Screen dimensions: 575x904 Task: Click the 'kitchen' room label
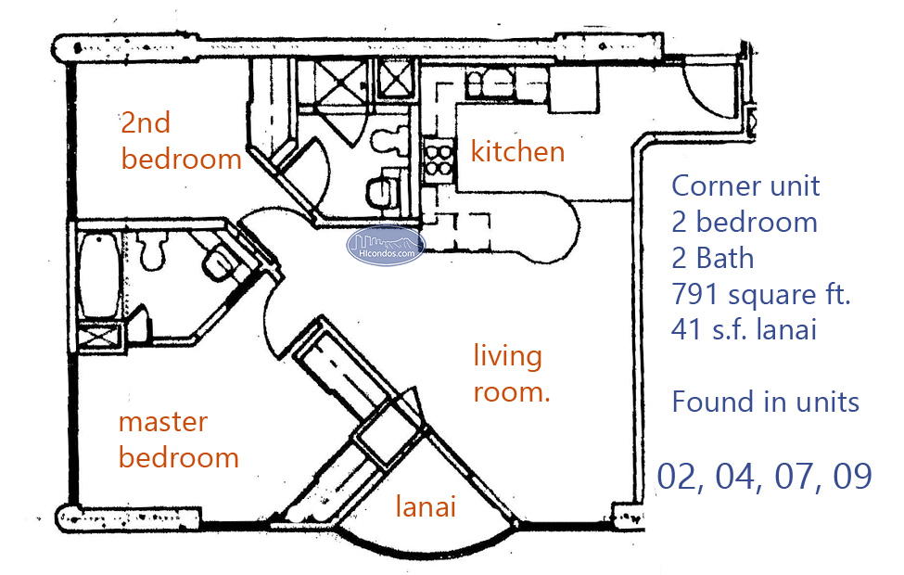pos(517,151)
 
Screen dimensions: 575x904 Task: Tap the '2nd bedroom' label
pos(181,141)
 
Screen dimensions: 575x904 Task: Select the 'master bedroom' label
pos(178,440)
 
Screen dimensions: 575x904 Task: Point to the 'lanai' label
pos(426,507)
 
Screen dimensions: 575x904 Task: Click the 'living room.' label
pos(511,373)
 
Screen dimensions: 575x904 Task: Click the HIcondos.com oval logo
pos(386,245)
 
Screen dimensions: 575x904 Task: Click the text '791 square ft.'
pos(760,294)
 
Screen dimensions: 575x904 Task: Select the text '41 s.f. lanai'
pos(745,329)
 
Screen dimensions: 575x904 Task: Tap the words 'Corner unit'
pos(745,185)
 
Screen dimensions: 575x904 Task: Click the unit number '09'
pos(850,475)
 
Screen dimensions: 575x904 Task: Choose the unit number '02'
pos(679,475)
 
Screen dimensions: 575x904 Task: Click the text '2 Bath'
pos(712,258)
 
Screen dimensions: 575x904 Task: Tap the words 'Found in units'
pos(765,402)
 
